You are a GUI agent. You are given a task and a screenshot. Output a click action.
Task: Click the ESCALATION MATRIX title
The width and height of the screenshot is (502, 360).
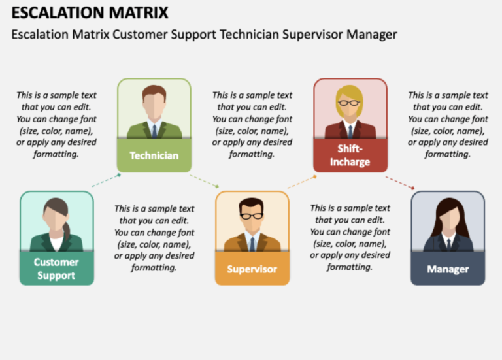[x=90, y=12]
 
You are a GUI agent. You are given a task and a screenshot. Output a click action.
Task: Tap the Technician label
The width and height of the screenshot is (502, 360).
[x=154, y=155]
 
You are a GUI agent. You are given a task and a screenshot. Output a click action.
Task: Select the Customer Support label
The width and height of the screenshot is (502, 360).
[x=56, y=269]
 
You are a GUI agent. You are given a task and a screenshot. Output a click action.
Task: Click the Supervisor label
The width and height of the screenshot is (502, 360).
[x=252, y=269]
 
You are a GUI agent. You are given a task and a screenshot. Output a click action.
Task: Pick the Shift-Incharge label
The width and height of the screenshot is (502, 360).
[x=350, y=155]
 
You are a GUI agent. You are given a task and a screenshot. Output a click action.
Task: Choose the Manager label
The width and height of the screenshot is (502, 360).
[x=448, y=269]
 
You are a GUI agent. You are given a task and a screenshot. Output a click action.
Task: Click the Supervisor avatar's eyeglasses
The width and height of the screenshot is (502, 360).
[x=252, y=216]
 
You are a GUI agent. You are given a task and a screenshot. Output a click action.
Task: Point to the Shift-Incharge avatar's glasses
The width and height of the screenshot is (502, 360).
[x=350, y=103]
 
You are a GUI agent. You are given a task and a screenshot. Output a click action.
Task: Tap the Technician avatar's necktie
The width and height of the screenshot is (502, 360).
[x=154, y=131]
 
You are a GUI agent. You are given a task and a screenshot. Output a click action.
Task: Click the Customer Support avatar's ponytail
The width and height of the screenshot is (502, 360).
[x=67, y=230]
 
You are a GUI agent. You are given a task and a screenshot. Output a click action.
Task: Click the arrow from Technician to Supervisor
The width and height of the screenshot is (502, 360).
[x=203, y=180]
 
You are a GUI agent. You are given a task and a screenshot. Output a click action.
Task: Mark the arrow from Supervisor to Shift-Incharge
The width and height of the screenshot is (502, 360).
[x=302, y=181]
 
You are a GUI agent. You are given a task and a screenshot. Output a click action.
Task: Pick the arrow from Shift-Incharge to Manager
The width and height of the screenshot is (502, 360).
[x=399, y=181]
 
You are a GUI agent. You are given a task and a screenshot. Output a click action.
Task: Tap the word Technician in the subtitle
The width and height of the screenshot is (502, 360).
[x=248, y=34]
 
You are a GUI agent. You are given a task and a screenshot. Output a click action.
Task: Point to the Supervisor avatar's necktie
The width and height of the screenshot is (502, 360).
[x=252, y=243]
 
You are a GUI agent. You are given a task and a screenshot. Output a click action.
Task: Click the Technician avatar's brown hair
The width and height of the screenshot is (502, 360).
[x=154, y=91]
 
